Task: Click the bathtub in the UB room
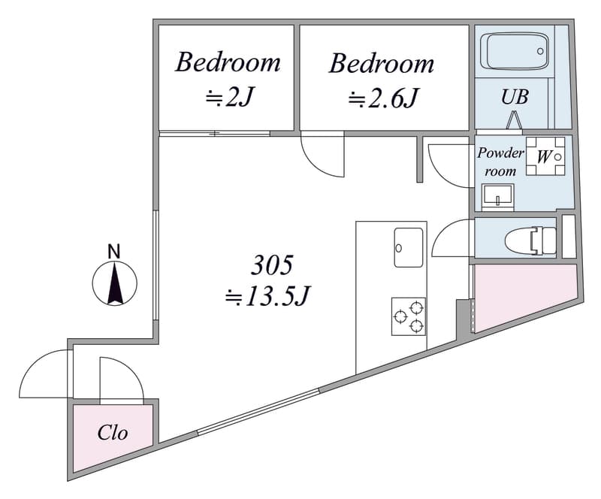515,51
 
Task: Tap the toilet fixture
530,241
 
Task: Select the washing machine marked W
545,156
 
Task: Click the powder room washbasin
497,196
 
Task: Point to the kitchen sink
409,247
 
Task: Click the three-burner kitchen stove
408,316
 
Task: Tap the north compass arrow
115,283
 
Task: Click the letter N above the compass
114,252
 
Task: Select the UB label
515,97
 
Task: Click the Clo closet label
112,433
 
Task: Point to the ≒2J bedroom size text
230,98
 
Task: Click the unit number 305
272,265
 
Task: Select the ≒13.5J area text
267,296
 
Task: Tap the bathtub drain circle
540,51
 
